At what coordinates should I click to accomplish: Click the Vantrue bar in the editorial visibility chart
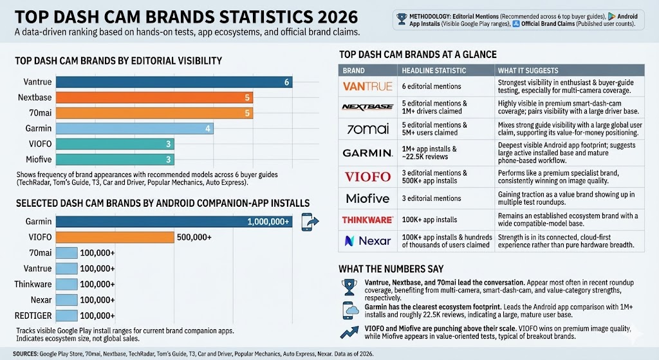coord(174,82)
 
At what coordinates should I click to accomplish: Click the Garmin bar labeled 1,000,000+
coord(174,222)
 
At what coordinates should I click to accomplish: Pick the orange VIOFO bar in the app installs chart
coord(115,237)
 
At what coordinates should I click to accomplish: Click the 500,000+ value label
coord(194,237)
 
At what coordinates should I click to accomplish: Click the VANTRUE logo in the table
coord(367,86)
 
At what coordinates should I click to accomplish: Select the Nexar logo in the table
coord(367,241)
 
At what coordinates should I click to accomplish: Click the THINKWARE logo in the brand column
coord(367,220)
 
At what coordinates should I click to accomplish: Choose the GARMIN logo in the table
coord(367,152)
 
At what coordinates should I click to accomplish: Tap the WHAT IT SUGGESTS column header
coord(528,70)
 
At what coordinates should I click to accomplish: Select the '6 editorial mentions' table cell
coord(431,86)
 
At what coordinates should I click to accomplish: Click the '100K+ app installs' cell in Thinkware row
coord(429,220)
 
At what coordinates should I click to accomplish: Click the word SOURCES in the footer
coord(28,354)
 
